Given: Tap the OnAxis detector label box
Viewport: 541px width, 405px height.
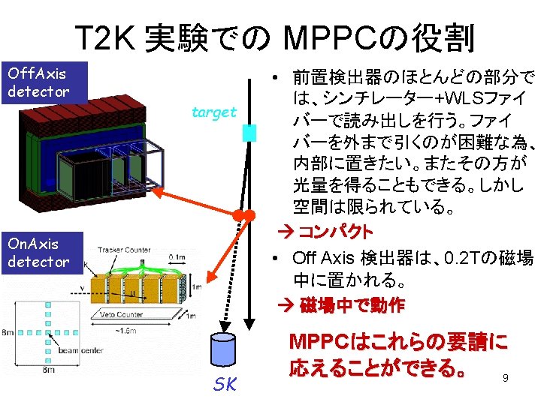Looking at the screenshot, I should tap(45, 252).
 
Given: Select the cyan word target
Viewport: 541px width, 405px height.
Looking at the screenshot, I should tap(214, 112).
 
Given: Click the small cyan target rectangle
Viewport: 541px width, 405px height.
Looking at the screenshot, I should tap(249, 133).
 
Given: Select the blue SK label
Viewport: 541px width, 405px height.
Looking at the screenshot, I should tap(225, 384).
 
